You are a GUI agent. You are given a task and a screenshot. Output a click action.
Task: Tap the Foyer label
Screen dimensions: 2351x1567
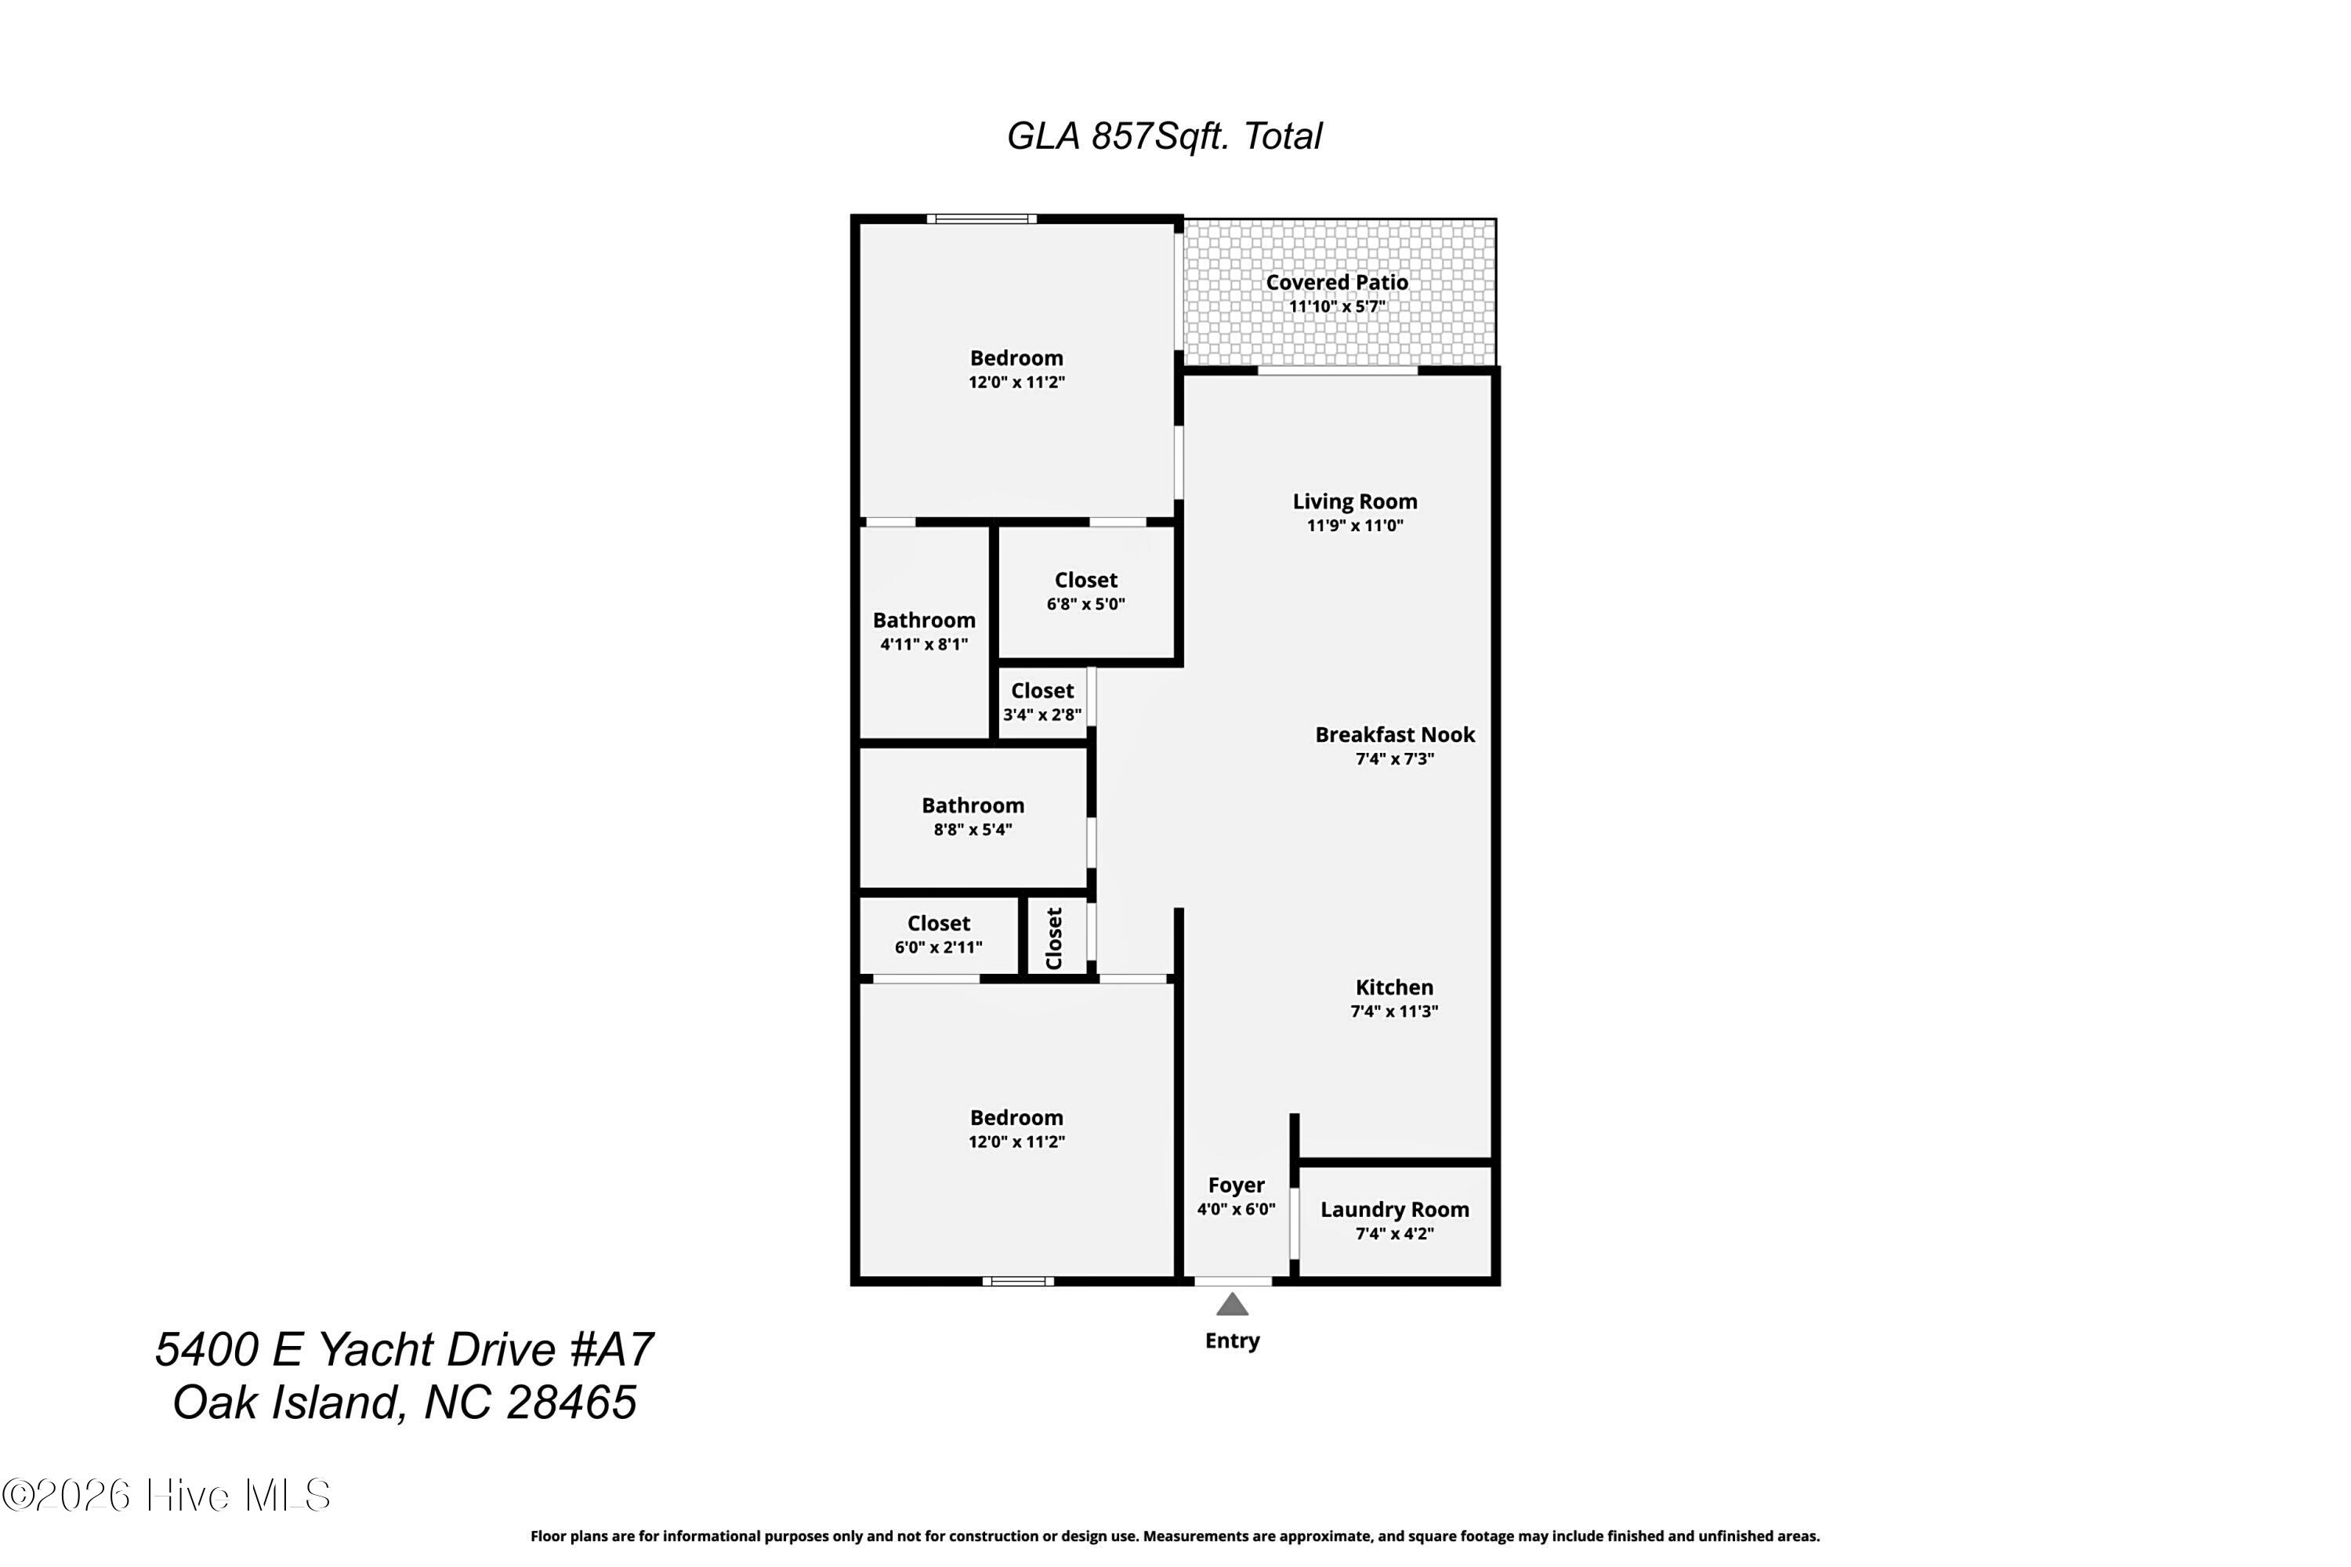coord(1237,1185)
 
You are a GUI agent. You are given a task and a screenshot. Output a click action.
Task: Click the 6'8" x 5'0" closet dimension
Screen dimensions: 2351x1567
coord(1085,605)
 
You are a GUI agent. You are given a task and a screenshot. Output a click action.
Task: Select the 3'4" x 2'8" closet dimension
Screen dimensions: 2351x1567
coord(1042,715)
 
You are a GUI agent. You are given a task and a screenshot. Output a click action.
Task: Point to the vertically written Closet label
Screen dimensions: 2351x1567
coord(1053,939)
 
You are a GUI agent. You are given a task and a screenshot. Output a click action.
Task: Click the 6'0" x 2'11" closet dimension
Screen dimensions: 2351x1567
coord(939,947)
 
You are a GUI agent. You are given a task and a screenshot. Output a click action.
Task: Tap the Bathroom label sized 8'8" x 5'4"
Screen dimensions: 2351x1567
coord(973,805)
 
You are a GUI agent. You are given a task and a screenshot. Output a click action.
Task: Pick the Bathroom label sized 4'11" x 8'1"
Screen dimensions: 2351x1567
coord(924,621)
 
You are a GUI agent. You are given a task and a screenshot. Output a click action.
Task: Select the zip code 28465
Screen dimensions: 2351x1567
coord(572,1403)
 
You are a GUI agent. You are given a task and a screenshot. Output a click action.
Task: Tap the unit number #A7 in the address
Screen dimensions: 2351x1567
coord(612,1349)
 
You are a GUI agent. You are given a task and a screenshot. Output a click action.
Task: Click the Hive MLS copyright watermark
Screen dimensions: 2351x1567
coord(166,1496)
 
